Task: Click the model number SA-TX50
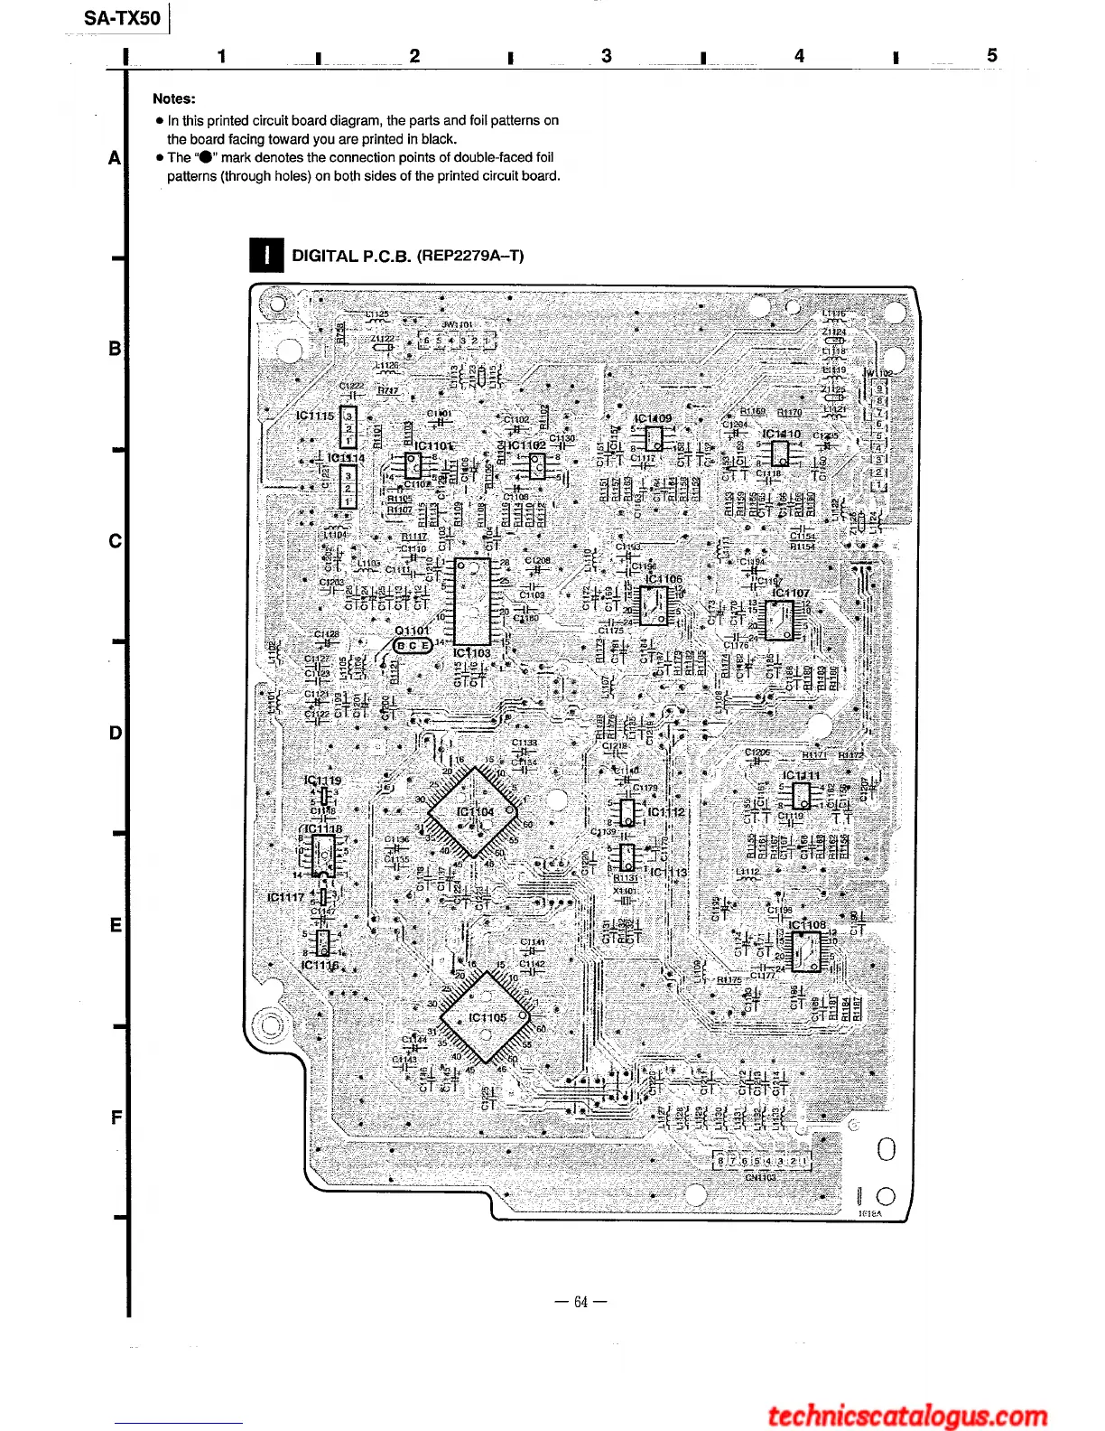pos(122,18)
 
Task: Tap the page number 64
pos(580,1302)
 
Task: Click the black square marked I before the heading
pos(266,256)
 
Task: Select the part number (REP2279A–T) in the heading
pos(469,256)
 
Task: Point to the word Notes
pos(173,98)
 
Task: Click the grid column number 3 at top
pos(607,56)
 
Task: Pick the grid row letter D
pos(115,733)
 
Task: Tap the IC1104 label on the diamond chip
pos(475,811)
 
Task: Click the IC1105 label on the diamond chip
pos(487,1017)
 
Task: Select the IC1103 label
pos(471,652)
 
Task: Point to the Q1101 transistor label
pos(413,631)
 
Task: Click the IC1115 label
pos(315,416)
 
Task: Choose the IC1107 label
pos(791,593)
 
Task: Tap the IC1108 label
pos(807,924)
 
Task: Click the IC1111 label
pos(801,775)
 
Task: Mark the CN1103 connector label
pos(760,1177)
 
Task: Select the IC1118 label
pos(323,828)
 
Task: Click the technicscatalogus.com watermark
pos(907,1415)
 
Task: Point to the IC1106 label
pos(664,578)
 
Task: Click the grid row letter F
pos(116,1118)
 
